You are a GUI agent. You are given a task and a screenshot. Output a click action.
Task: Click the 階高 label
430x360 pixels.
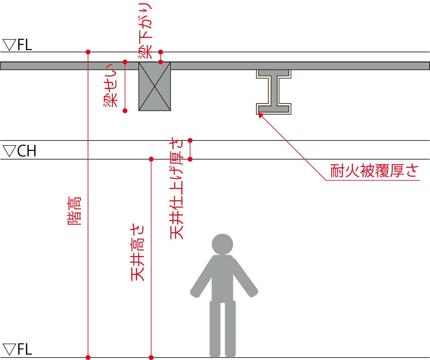[75, 211]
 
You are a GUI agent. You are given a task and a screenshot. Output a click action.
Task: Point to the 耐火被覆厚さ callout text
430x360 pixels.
[374, 171]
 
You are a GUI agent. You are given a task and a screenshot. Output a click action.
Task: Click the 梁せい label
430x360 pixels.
[111, 86]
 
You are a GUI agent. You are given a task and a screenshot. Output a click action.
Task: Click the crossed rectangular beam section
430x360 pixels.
[155, 86]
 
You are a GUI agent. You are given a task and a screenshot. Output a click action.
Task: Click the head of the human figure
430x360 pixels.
[222, 244]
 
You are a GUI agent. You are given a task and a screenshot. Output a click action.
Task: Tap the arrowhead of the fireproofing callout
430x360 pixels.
[260, 115]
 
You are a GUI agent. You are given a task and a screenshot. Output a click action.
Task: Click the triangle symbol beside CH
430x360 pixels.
[9, 151]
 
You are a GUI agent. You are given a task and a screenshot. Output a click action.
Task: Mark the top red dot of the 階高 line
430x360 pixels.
[88, 52]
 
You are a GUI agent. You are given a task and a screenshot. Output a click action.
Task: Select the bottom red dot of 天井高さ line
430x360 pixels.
[151, 357]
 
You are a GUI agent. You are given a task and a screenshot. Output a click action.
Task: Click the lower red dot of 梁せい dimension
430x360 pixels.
[125, 111]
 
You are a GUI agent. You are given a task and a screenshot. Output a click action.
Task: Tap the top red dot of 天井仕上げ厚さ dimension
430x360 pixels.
[190, 140]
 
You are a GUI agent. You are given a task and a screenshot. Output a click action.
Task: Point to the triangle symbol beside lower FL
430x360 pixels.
[9, 350]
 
